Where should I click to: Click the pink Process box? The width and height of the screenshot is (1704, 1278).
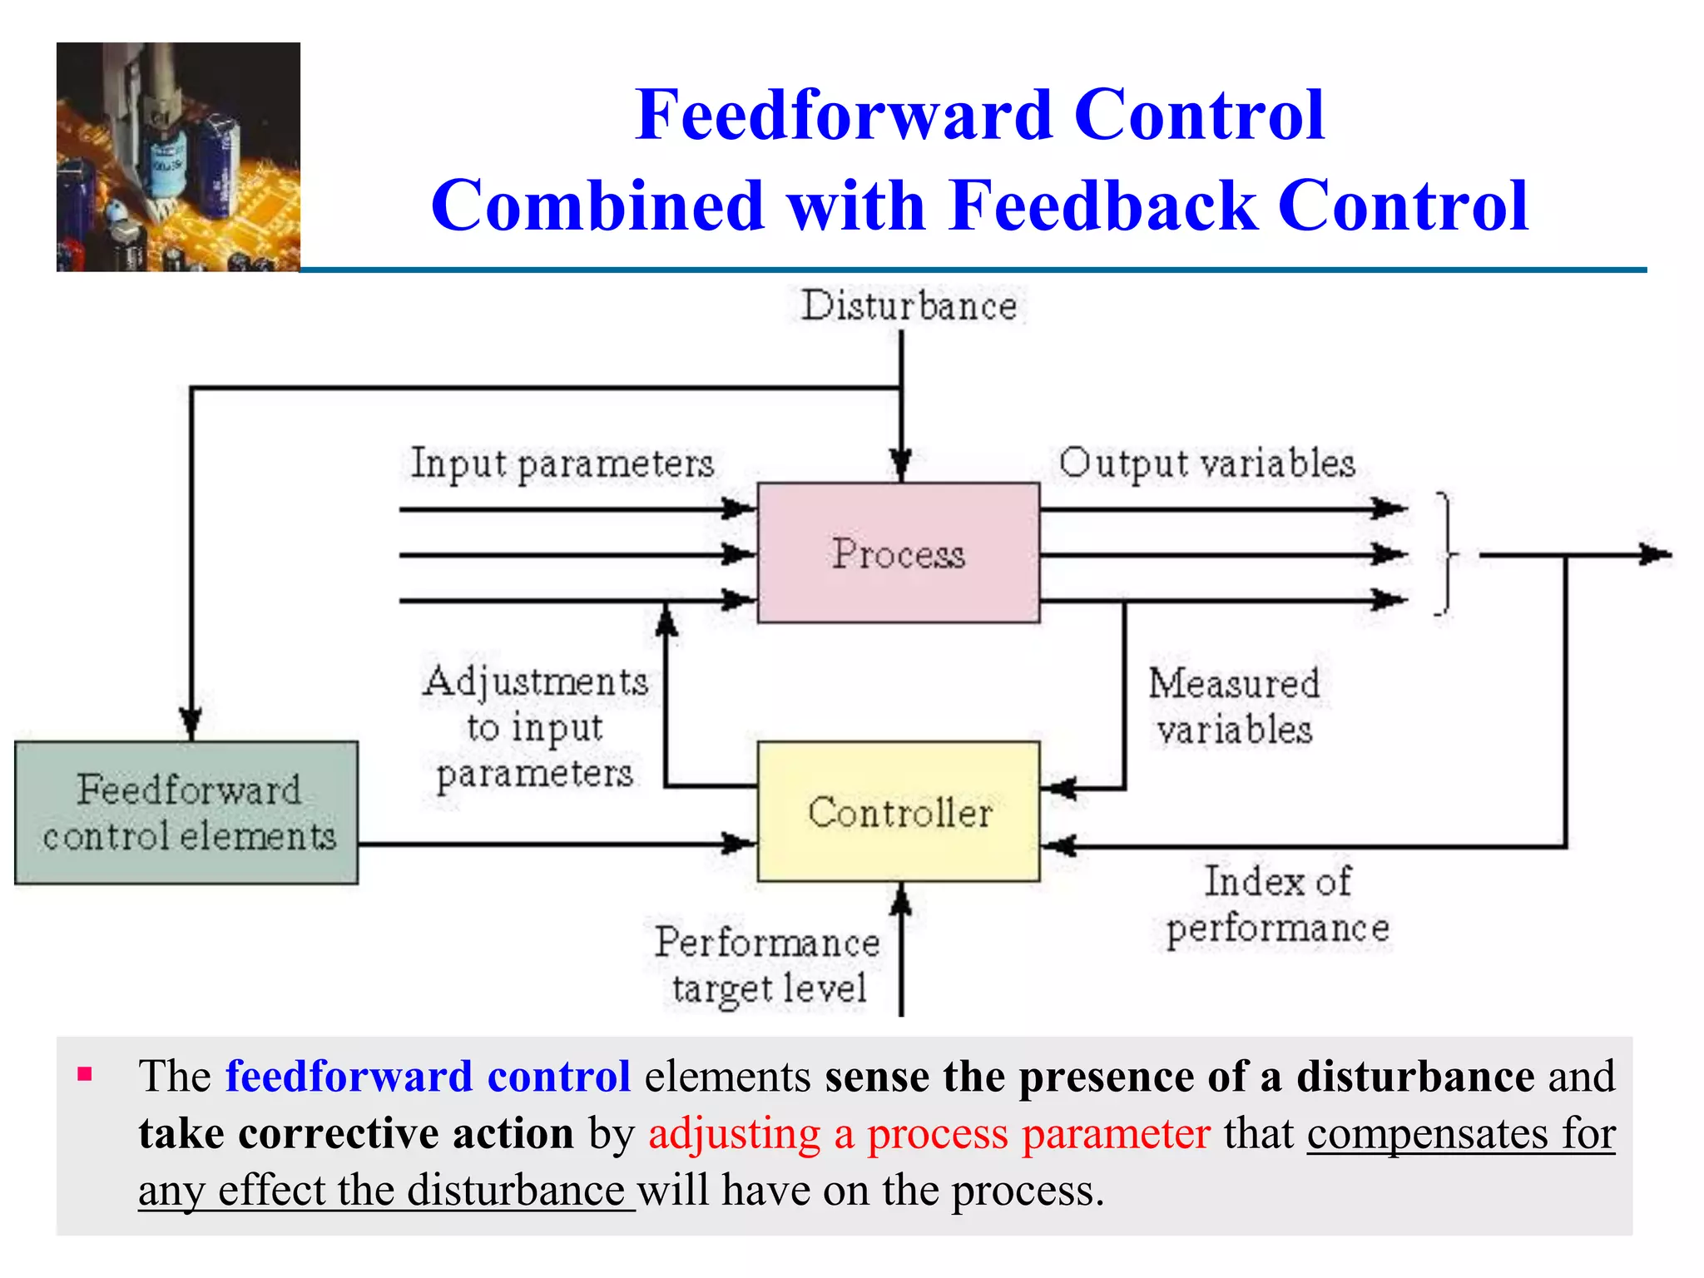pyautogui.click(x=898, y=552)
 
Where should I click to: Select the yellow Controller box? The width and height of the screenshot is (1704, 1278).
pyautogui.click(x=898, y=811)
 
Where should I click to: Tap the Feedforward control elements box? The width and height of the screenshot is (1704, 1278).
pyautogui.click(x=187, y=812)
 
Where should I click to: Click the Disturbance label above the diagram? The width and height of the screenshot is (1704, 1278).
pyautogui.click(x=909, y=305)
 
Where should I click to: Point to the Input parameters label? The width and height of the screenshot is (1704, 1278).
pyautogui.click(x=562, y=463)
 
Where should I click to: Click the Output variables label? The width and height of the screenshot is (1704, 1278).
pyautogui.click(x=1206, y=463)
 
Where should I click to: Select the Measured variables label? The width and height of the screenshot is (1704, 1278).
pyautogui.click(x=1234, y=706)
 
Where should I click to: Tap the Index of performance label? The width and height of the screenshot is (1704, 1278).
pyautogui.click(x=1277, y=904)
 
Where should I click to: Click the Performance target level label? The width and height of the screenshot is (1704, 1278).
pyautogui.click(x=766, y=965)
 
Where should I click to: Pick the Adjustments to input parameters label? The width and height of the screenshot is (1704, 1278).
pyautogui.click(x=534, y=727)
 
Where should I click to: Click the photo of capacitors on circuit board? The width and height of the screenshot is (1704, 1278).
pyautogui.click(x=178, y=157)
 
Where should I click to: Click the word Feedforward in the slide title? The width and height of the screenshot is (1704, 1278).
pyautogui.click(x=842, y=115)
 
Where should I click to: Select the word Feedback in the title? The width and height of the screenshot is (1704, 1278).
pyautogui.click(x=1103, y=206)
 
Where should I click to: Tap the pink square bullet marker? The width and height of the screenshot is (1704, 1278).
pyautogui.click(x=84, y=1074)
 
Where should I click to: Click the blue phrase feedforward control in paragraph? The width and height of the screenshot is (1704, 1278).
pyautogui.click(x=428, y=1076)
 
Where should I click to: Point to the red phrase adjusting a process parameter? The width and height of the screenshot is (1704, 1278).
pyautogui.click(x=929, y=1133)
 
